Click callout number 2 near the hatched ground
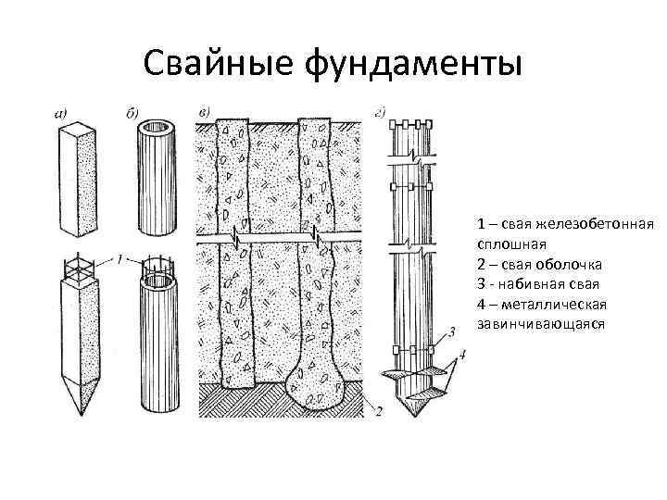[x=378, y=412]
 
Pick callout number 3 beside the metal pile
[x=450, y=331]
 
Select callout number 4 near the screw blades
[x=462, y=354]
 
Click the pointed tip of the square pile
[x=79, y=412]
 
